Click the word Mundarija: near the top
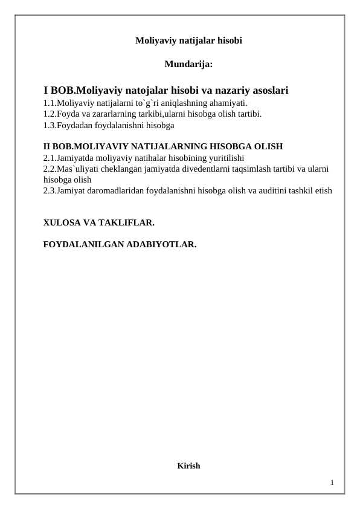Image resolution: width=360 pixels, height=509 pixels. coord(188,63)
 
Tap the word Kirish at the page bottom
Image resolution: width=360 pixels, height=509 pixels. coord(188,465)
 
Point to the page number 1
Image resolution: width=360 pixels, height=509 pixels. coord(332,482)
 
